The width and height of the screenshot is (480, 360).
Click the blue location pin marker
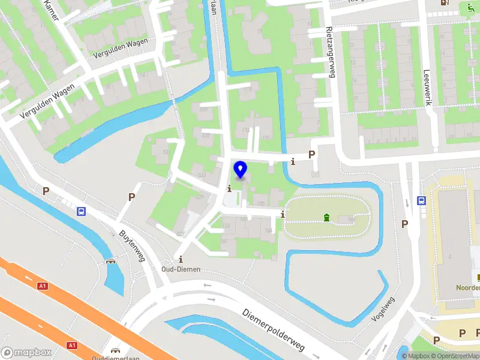(241, 170)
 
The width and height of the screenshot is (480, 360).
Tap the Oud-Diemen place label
(181, 269)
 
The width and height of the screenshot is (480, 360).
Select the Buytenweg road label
(133, 247)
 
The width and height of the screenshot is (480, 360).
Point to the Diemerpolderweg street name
(274, 330)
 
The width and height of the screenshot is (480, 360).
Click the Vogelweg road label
(383, 309)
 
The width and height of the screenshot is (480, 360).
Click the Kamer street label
(50, 10)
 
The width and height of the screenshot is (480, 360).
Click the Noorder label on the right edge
(468, 287)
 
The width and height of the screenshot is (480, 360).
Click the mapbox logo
(26, 353)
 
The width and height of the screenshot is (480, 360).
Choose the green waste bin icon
(326, 217)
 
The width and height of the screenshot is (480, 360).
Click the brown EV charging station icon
(444, 3)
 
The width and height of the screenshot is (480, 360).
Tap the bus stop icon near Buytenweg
(81, 211)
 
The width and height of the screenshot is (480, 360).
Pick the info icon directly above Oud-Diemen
(181, 259)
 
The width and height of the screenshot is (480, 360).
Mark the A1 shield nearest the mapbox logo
(72, 345)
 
